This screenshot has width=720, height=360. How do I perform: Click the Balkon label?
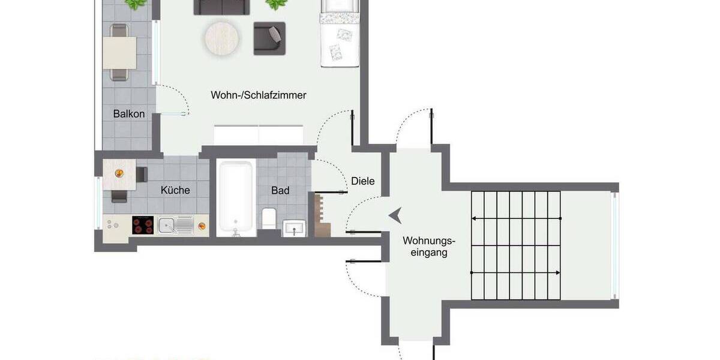click(129, 113)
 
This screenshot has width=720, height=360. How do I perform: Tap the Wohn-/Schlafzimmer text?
click(259, 95)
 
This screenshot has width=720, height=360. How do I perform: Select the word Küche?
click(175, 190)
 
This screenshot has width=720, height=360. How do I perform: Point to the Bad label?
click(280, 190)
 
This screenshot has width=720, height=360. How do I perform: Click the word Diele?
click(363, 181)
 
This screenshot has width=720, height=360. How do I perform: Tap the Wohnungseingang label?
click(429, 247)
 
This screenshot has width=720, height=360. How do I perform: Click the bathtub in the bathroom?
click(235, 197)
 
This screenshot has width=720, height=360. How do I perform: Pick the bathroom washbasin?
click(294, 227)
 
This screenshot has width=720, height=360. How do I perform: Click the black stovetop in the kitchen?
click(143, 225)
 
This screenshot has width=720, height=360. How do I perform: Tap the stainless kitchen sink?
click(175, 226)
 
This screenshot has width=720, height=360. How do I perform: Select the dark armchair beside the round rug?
click(269, 38)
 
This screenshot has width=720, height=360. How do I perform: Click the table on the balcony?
click(119, 53)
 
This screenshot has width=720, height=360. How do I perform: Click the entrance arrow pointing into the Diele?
click(395, 215)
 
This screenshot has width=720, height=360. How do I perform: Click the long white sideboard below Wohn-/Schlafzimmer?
click(259, 135)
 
